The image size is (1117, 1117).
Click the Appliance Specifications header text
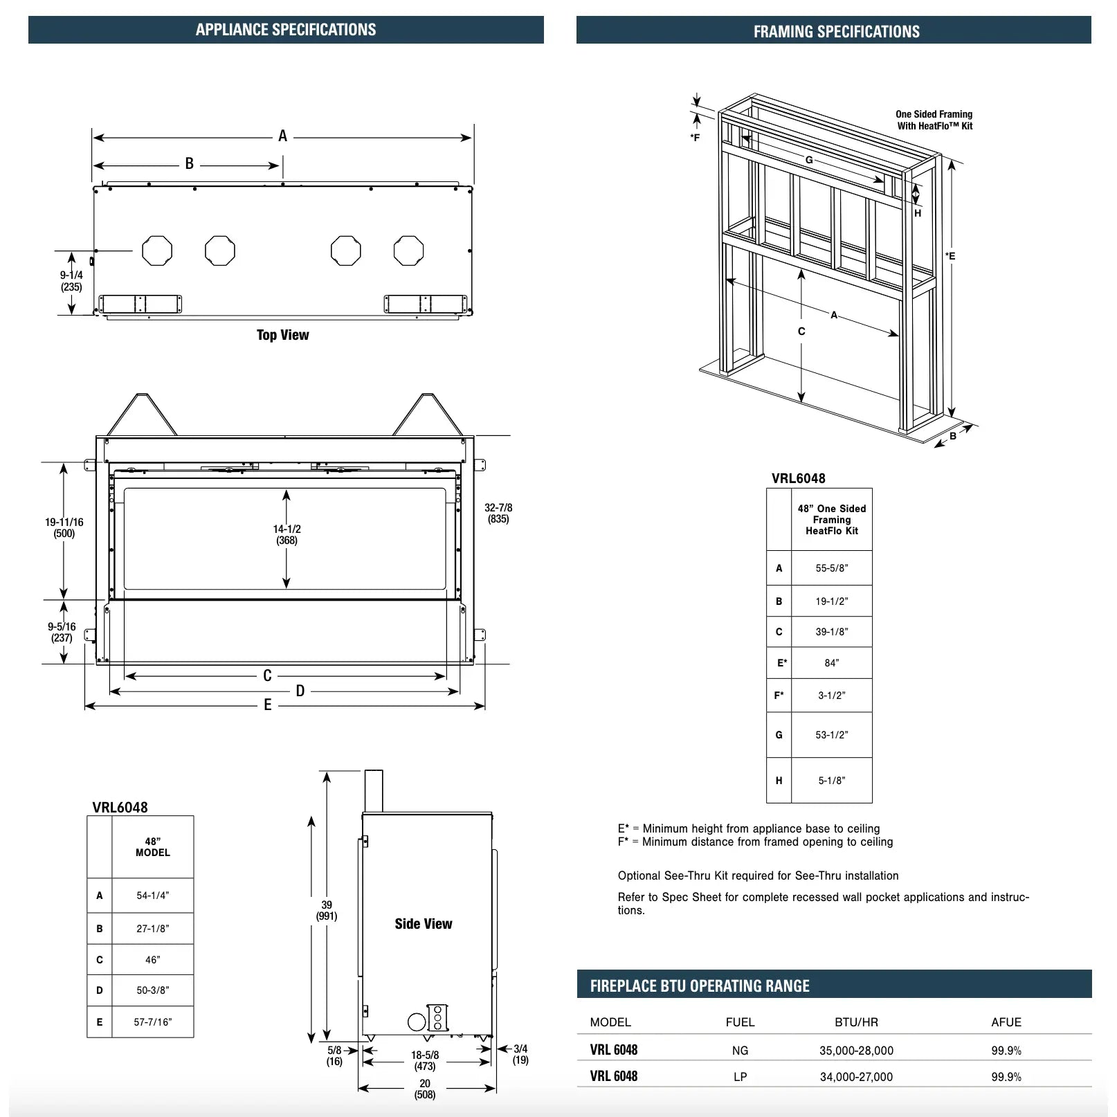(x=286, y=30)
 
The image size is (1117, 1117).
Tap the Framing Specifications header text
(x=836, y=31)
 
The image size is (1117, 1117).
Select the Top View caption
(x=282, y=335)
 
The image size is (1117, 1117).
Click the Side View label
(x=423, y=924)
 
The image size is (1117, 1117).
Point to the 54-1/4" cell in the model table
(x=152, y=896)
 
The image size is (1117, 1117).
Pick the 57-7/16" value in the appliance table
(x=152, y=1022)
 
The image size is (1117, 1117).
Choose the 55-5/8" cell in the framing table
(x=831, y=568)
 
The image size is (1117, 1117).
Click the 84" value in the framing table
(x=831, y=663)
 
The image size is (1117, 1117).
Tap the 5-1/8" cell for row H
(x=831, y=781)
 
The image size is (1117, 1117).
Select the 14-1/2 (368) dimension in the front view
(x=287, y=534)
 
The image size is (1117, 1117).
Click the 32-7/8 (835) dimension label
(x=498, y=513)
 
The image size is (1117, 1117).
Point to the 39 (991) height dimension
(x=327, y=910)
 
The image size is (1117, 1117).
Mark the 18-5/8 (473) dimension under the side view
(x=425, y=1060)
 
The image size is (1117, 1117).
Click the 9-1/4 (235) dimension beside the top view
(x=71, y=281)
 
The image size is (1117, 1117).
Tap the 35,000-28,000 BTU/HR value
(x=856, y=1051)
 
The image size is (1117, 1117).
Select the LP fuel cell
(x=740, y=1077)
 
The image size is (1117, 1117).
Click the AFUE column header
(x=1006, y=1022)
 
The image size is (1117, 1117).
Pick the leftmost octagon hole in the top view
(x=157, y=251)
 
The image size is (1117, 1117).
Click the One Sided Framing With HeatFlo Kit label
(x=934, y=120)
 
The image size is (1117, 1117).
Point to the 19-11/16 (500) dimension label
(x=64, y=527)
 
